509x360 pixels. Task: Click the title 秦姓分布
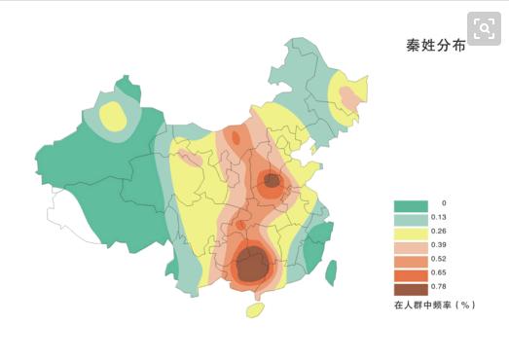click(435, 46)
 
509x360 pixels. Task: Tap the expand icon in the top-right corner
click(481, 26)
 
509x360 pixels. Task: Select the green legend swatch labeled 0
click(410, 205)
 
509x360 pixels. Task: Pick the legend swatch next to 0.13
click(410, 219)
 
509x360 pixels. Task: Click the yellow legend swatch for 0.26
click(410, 234)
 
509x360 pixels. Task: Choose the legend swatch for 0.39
click(410, 247)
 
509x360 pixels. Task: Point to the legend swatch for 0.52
click(410, 261)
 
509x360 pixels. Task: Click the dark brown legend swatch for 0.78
click(410, 289)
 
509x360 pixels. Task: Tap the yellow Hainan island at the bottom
click(255, 310)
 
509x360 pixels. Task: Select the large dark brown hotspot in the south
click(253, 264)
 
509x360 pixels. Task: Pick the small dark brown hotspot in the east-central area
click(272, 180)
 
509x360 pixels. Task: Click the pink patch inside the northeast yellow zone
click(347, 95)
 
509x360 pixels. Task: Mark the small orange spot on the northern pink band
click(235, 138)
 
